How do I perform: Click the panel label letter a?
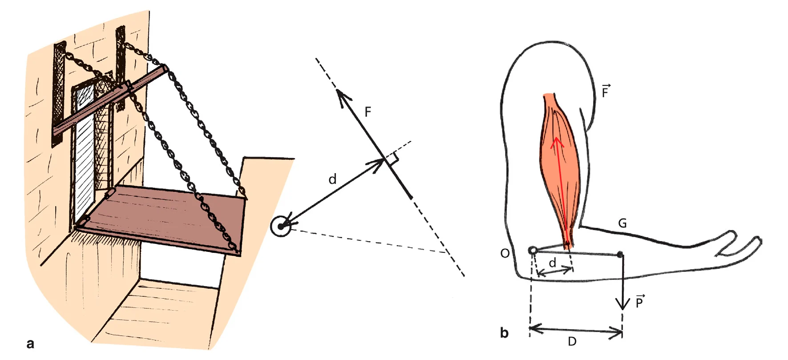pyautogui.click(x=30, y=344)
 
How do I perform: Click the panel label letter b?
pyautogui.click(x=504, y=333)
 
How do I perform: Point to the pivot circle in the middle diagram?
pyautogui.click(x=281, y=227)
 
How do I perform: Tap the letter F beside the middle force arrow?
pyautogui.click(x=368, y=112)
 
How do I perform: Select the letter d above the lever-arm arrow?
pyautogui.click(x=332, y=179)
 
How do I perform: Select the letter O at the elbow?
pyautogui.click(x=505, y=253)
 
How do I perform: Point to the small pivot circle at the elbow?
pyautogui.click(x=533, y=251)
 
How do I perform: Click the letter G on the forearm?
pyautogui.click(x=622, y=223)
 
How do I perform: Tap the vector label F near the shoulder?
pyautogui.click(x=605, y=91)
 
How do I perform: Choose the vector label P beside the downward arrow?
pyautogui.click(x=639, y=302)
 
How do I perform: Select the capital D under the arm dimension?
pyautogui.click(x=572, y=341)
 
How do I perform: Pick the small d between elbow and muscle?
pyautogui.click(x=552, y=263)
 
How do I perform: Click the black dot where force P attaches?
pyautogui.click(x=620, y=255)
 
